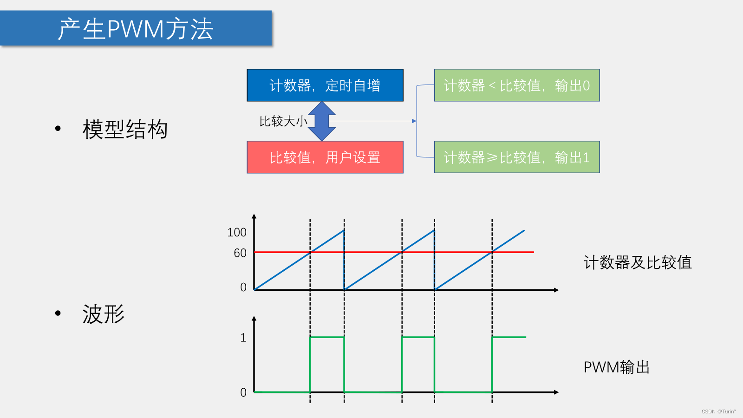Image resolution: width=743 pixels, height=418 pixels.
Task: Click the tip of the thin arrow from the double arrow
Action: [416, 121]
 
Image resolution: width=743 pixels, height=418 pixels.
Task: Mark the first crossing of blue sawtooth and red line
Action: [310, 252]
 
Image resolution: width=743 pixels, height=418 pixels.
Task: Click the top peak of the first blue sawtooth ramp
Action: [344, 230]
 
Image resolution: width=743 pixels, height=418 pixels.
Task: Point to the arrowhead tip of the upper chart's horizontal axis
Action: [559, 290]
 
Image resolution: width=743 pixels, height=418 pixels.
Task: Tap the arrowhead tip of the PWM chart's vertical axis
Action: [254, 316]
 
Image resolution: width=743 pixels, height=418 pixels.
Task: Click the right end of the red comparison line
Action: [534, 252]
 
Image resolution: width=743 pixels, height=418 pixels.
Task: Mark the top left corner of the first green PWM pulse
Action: [310, 337]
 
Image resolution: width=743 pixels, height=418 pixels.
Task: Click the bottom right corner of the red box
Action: [403, 173]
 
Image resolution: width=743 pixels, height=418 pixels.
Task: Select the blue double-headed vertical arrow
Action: [322, 121]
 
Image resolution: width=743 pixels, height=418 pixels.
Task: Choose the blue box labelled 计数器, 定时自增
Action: [325, 85]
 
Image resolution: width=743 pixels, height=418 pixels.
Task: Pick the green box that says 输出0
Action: [517, 85]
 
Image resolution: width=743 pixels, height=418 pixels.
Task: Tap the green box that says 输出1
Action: [517, 157]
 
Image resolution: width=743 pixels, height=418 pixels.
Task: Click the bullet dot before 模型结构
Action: [58, 128]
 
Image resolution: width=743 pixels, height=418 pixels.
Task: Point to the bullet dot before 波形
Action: [58, 313]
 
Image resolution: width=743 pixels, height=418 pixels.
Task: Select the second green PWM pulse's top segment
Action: [418, 337]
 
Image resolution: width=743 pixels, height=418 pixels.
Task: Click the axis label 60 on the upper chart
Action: [240, 253]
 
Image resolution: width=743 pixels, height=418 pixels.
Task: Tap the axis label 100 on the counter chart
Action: [237, 232]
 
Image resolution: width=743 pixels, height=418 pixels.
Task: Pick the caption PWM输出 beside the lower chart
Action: [616, 367]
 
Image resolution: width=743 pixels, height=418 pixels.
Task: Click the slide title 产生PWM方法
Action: [135, 29]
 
